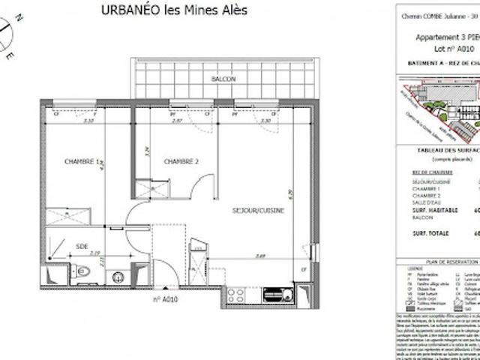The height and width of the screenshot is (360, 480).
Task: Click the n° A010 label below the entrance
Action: [164, 300]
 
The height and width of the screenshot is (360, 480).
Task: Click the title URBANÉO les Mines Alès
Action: [172, 10]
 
